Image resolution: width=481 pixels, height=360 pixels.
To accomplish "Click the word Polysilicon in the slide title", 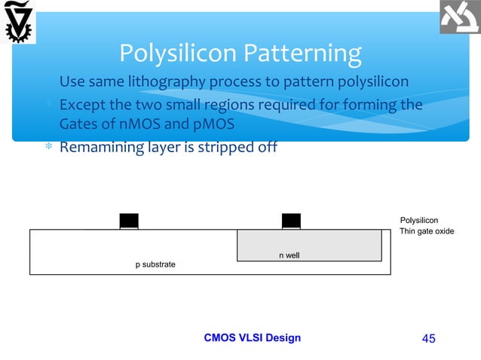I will (x=178, y=53).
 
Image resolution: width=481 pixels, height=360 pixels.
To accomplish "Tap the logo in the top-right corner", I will (x=460, y=19).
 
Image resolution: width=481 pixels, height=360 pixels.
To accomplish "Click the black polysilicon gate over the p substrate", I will (x=129, y=220).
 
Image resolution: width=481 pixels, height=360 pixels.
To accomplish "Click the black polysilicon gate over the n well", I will (x=291, y=220).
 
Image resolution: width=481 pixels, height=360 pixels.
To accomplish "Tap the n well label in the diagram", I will (x=289, y=256).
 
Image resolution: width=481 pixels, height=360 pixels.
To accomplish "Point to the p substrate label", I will (x=155, y=265).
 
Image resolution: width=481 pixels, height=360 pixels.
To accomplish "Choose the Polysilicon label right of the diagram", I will (x=419, y=220).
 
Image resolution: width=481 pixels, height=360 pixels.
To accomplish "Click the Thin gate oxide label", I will (x=427, y=231).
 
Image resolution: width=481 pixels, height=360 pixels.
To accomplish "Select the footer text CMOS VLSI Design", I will (x=253, y=337).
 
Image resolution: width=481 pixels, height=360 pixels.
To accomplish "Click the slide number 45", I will (x=429, y=338).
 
